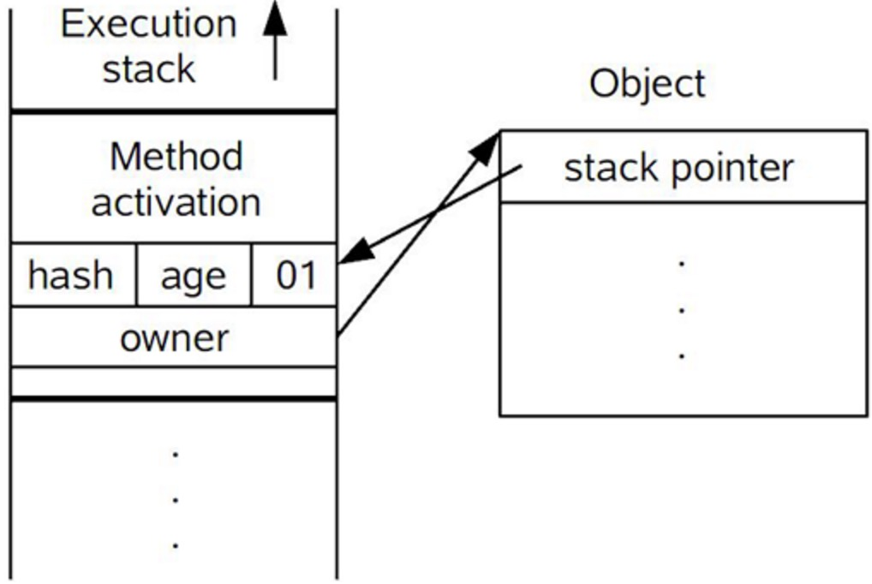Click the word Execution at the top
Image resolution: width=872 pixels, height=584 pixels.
[148, 25]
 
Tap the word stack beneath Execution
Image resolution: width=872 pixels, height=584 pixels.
[148, 69]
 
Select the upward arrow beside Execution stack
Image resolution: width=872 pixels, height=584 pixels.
[274, 39]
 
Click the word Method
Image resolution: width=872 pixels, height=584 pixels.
[176, 158]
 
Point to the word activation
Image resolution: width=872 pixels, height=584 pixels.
[176, 203]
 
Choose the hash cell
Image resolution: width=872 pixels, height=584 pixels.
[70, 276]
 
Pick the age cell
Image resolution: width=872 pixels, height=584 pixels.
[194, 276]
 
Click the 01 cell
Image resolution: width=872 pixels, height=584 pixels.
[296, 276]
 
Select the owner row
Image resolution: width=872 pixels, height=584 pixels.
[174, 338]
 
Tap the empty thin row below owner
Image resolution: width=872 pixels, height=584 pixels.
[174, 382]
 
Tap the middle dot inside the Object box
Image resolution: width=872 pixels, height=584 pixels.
[682, 309]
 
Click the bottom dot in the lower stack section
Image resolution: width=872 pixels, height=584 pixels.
[176, 544]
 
